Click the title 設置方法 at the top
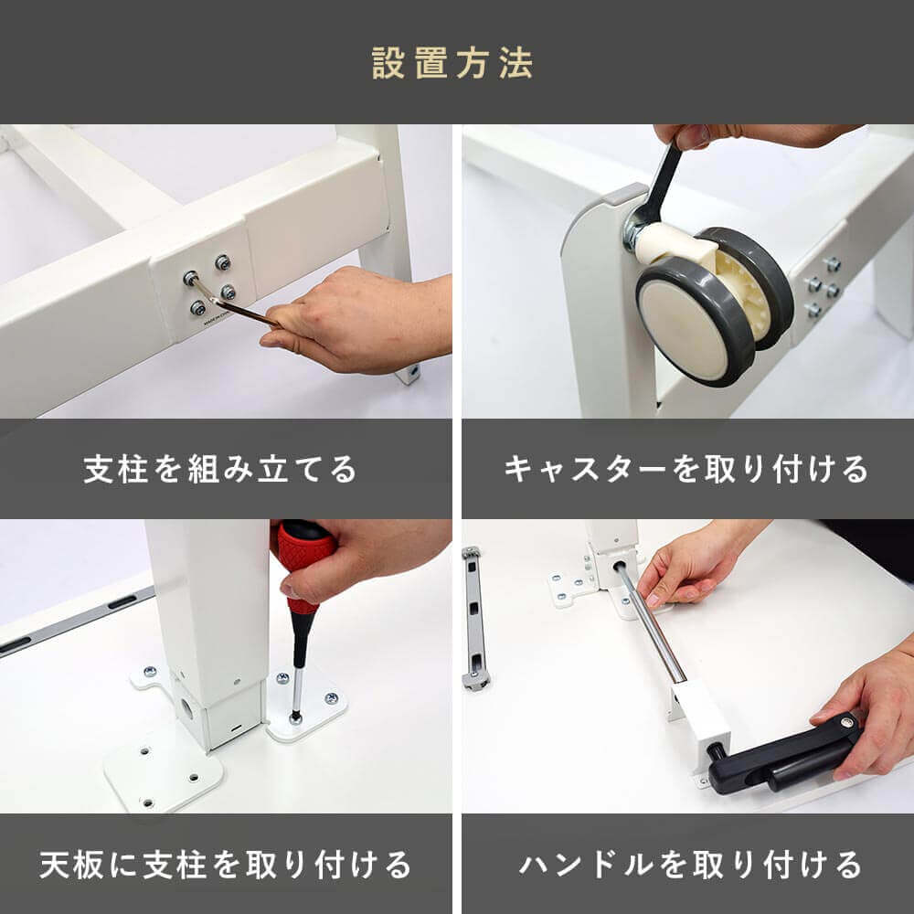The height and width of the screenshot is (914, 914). click(452, 63)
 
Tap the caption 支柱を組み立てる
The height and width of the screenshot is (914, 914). click(219, 470)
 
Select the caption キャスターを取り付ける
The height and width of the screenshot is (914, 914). click(686, 470)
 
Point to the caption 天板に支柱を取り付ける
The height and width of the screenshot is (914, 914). click(225, 865)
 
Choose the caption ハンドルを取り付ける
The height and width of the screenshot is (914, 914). click(690, 865)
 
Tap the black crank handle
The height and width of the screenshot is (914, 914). click(781, 756)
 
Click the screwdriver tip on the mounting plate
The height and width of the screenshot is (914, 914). click(296, 716)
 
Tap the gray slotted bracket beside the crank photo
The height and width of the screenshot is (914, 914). click(474, 618)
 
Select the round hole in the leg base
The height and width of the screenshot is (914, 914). click(187, 709)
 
